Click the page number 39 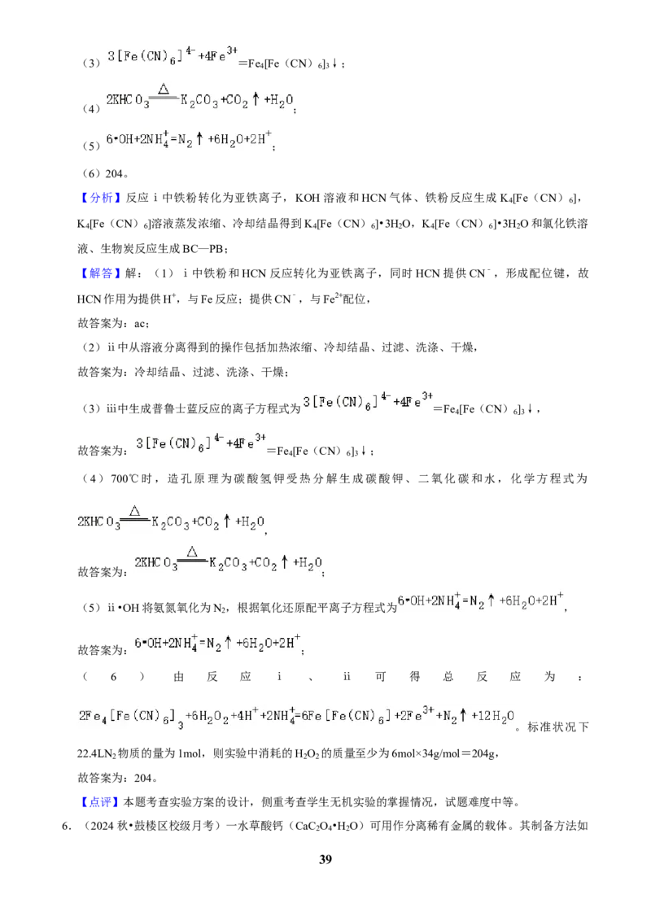pos(325,859)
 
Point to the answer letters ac pos(141,324)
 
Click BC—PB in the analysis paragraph pos(203,249)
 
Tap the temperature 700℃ pos(124,478)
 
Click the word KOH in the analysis pos(308,198)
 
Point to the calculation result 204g pos(485,753)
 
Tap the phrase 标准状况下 pos(557,727)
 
